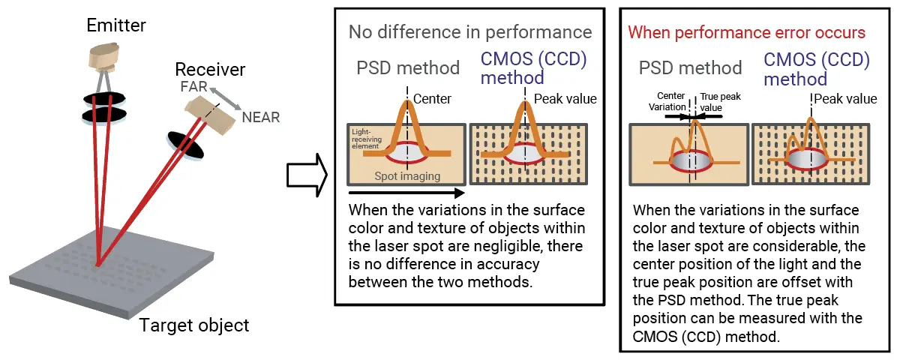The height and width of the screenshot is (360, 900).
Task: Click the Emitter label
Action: (x=115, y=26)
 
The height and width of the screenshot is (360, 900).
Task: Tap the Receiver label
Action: (x=210, y=70)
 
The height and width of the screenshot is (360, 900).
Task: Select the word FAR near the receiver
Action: (x=194, y=87)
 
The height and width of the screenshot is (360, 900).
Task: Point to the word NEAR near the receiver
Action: (x=261, y=117)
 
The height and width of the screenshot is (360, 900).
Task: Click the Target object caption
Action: (x=194, y=326)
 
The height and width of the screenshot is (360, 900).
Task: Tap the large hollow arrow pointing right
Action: (x=307, y=174)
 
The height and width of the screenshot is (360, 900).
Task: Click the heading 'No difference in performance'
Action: (x=469, y=32)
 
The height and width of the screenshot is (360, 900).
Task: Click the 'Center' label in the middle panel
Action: (x=433, y=99)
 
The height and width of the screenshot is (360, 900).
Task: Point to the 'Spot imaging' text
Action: (x=406, y=177)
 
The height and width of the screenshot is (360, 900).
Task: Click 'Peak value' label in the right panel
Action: (x=844, y=99)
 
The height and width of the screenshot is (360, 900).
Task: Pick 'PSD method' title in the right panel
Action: (x=690, y=68)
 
